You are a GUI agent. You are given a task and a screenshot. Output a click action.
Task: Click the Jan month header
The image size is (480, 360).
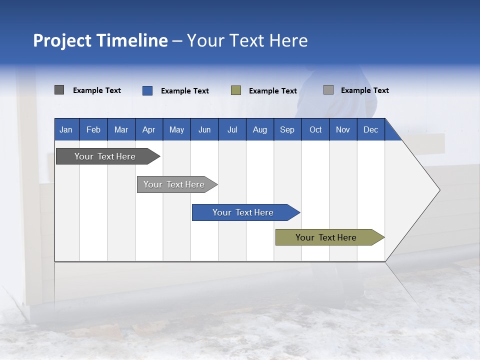point(66,129)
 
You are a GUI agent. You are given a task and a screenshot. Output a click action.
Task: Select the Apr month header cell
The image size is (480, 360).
point(149,129)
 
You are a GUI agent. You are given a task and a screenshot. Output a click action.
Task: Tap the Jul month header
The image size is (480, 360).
point(232,129)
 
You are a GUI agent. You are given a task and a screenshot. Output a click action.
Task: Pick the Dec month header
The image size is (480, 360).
point(370,129)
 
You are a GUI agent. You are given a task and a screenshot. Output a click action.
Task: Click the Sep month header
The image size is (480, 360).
point(287,129)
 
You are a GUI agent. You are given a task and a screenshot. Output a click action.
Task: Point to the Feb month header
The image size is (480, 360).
point(93,129)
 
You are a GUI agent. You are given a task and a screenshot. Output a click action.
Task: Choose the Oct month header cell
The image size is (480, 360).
point(315,129)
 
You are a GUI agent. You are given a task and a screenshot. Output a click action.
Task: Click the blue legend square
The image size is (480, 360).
point(147,90)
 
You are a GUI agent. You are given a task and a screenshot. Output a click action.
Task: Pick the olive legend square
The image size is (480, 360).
point(236,90)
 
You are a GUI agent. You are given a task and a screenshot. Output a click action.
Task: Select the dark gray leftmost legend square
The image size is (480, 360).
point(59,90)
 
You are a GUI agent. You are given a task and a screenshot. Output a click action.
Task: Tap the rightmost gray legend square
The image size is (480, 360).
point(328,90)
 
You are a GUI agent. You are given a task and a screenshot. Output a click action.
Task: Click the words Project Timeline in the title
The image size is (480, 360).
point(100,40)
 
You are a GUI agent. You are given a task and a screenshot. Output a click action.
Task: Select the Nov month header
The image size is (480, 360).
point(343,129)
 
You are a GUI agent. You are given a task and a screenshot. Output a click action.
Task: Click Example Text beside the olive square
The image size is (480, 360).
point(272,91)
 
